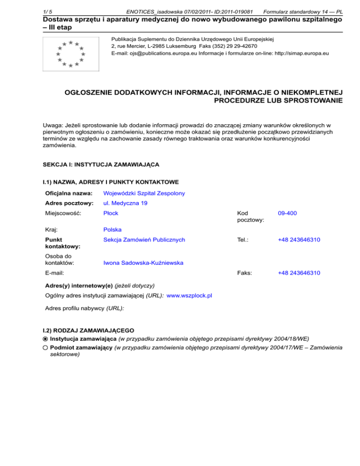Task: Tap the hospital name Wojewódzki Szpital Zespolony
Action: point(144,193)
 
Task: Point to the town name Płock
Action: point(111,213)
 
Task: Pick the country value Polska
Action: point(112,230)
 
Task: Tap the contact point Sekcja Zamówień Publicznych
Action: point(144,240)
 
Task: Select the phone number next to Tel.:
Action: point(299,240)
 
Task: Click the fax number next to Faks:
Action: point(299,272)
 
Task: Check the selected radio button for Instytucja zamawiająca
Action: point(45,338)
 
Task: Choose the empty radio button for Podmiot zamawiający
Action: point(45,347)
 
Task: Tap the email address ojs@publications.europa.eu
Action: point(150,53)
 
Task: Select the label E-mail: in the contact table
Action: point(55,272)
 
